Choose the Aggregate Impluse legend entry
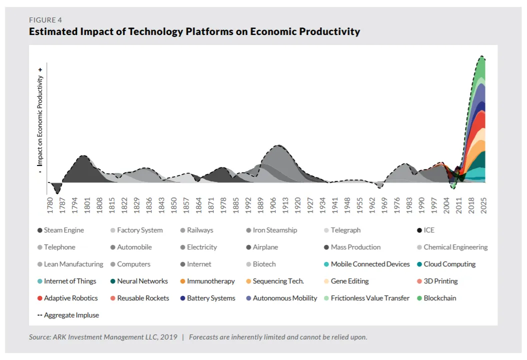click(x=68, y=315)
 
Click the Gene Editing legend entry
click(x=347, y=281)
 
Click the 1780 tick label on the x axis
click(x=50, y=205)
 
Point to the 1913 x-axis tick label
click(x=285, y=205)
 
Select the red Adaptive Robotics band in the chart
click(x=479, y=120)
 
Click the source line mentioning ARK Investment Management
click(x=103, y=337)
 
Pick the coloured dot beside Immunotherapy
click(x=182, y=281)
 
